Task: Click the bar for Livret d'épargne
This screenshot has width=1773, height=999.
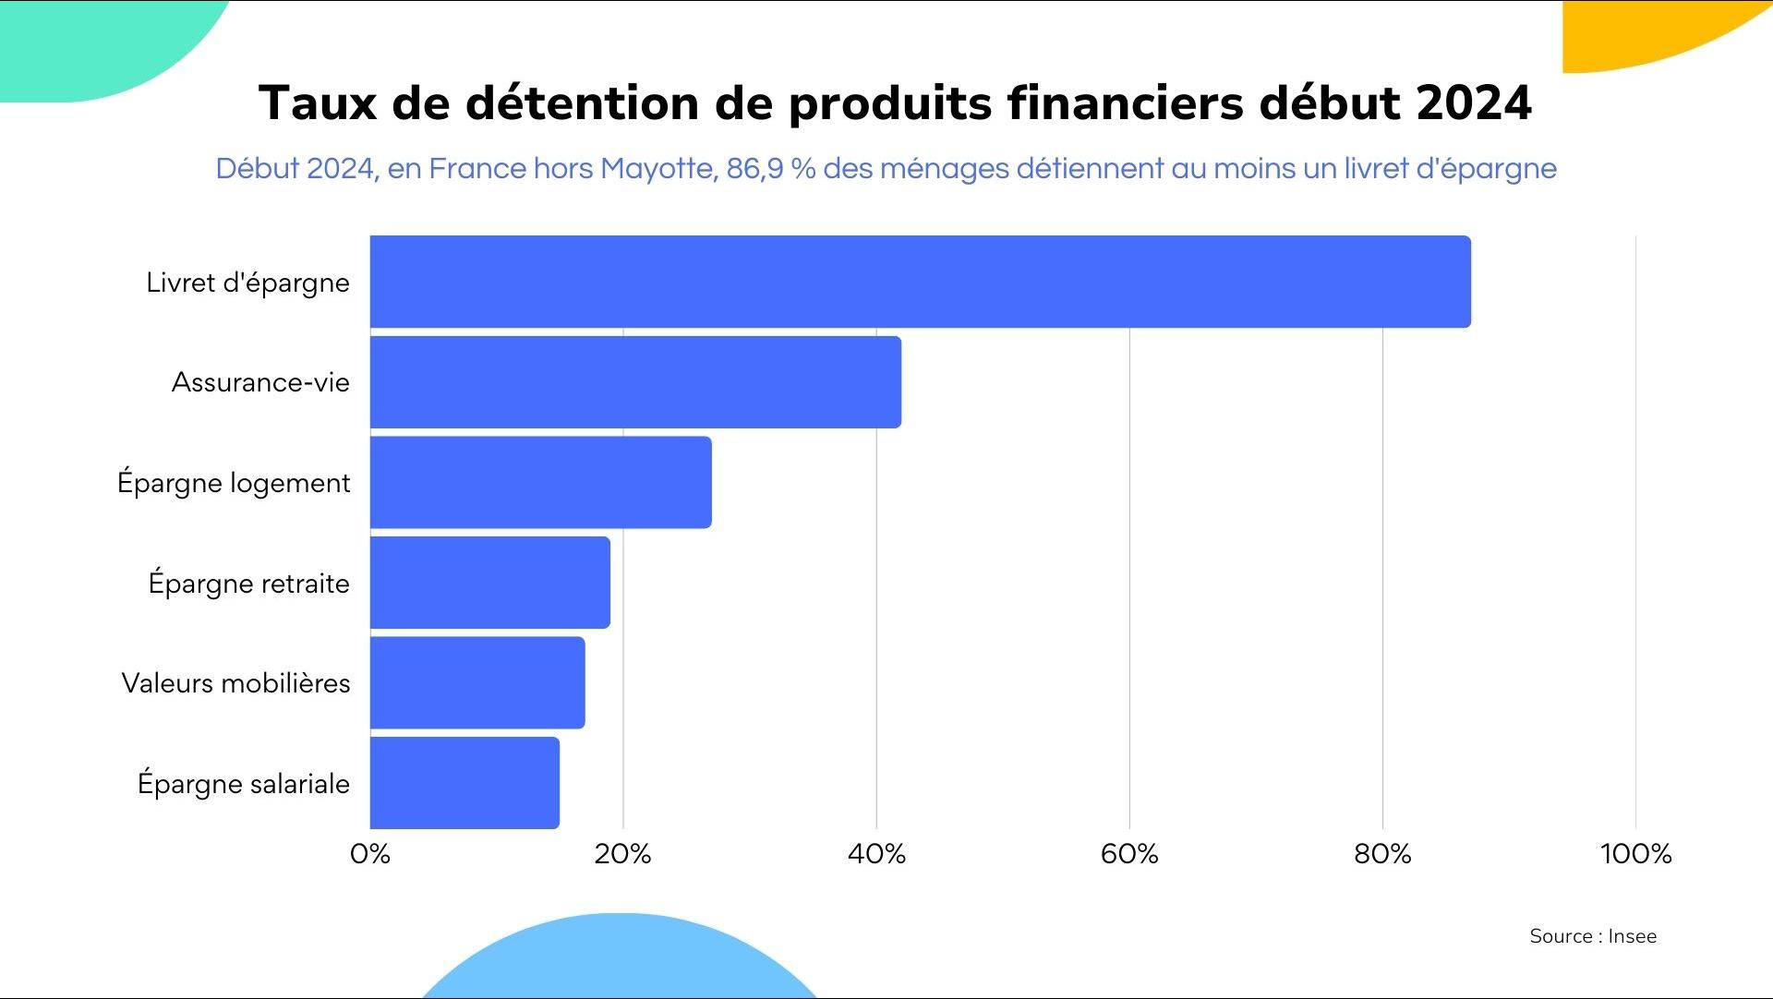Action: pos(920,282)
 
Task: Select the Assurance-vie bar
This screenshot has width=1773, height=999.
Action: pos(635,382)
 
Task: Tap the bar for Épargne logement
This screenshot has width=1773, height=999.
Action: pos(540,482)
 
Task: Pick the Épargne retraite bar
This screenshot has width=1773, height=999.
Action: pos(489,583)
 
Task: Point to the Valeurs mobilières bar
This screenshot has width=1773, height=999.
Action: pos(477,682)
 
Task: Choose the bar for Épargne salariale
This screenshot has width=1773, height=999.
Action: pos(464,783)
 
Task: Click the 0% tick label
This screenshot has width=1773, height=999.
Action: pos(370,854)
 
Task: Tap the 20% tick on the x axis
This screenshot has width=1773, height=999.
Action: pos(623,854)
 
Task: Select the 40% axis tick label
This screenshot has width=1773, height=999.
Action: pos(876,854)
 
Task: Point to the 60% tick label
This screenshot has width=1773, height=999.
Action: pos(1129,854)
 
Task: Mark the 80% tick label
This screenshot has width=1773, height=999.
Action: pos(1382,854)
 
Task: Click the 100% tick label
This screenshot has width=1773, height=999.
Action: pos(1635,854)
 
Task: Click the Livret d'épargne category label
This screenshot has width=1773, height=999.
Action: pos(247,283)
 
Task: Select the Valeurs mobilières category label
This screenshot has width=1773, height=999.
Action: pos(235,683)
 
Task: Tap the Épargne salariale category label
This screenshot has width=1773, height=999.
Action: pos(244,784)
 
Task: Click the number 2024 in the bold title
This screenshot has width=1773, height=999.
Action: pos(1474,102)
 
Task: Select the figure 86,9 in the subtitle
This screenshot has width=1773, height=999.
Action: pos(754,169)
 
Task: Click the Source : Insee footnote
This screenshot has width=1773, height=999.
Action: pos(1593,936)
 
